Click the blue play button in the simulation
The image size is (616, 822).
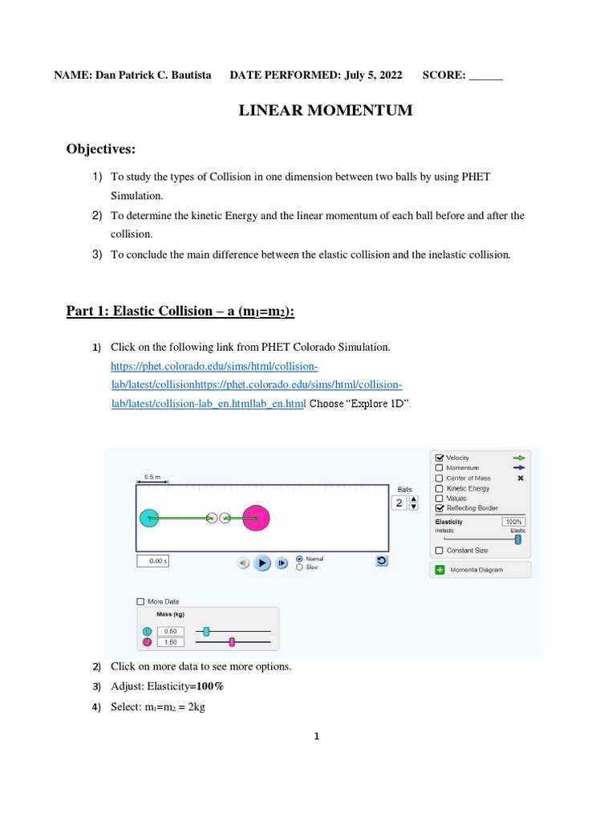(262, 563)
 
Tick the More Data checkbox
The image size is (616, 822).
(141, 601)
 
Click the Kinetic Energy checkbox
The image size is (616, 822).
(439, 488)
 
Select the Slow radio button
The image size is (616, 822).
(300, 567)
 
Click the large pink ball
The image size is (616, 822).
(256, 519)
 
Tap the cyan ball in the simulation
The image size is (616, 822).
(149, 519)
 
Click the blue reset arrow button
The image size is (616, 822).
(382, 561)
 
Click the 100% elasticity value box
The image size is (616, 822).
(513, 522)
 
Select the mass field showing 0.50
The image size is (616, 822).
(170, 631)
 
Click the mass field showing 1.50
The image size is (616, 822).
(170, 642)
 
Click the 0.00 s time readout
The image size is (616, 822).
(152, 561)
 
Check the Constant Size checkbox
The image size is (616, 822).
(439, 550)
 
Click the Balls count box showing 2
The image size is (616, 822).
(399, 503)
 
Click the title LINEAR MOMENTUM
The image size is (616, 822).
(326, 111)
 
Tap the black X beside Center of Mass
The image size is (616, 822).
(520, 478)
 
